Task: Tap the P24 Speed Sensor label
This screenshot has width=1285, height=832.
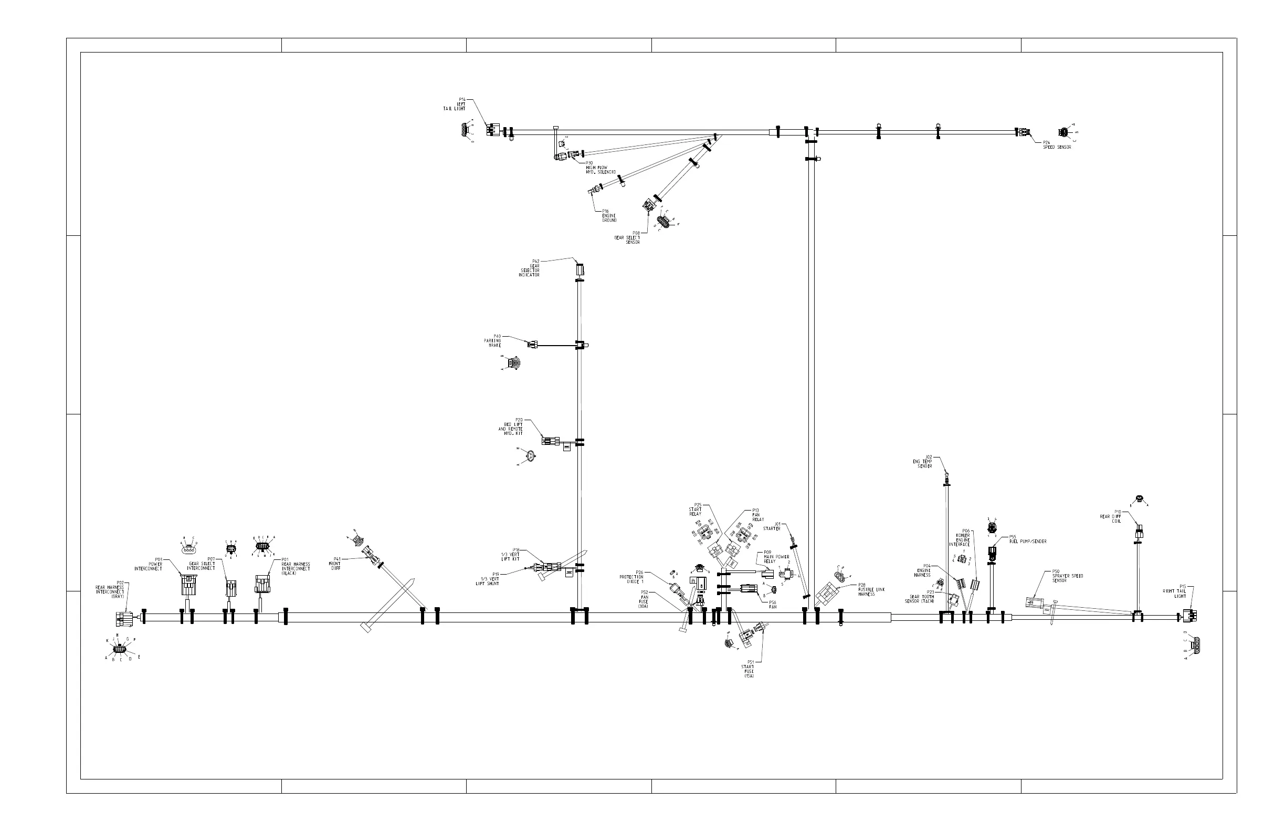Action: coord(1056,145)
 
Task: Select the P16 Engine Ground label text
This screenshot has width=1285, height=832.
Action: coord(608,216)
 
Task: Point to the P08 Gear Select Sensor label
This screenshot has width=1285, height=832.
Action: coord(628,238)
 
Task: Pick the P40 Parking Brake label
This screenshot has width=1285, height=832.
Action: coord(493,340)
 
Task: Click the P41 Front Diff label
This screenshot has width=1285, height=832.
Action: coord(336,564)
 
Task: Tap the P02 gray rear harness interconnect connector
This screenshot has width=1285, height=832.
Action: coord(124,619)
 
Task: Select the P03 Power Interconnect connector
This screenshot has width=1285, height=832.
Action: coord(188,585)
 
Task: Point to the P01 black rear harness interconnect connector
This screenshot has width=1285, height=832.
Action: coord(262,584)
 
